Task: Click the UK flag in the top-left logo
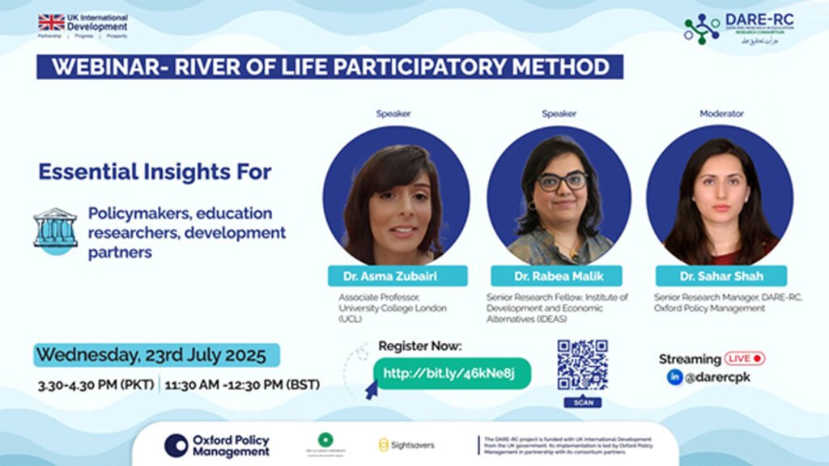coord(51,23)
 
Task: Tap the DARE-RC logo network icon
coord(701,29)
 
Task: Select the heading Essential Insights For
coord(155,172)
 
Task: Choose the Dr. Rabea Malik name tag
coord(559,276)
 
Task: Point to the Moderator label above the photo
coord(721,114)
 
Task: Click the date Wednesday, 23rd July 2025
coord(151,355)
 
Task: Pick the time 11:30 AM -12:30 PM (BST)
coord(241,385)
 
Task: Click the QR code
coord(582,365)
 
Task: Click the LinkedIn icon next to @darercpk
coord(674,377)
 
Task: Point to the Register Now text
coord(419,346)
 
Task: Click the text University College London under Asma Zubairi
coord(392,308)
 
